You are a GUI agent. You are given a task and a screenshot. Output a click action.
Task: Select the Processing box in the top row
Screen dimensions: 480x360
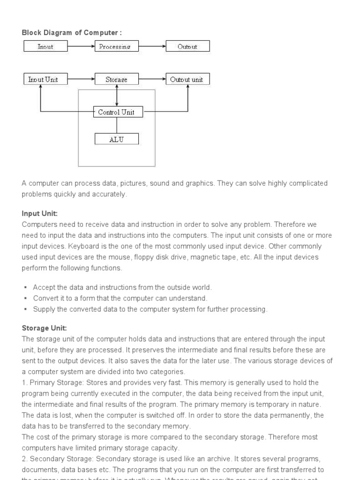pyautogui.click(x=116, y=46)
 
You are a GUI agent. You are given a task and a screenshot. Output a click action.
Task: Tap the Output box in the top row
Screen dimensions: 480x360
pyautogui.click(x=187, y=46)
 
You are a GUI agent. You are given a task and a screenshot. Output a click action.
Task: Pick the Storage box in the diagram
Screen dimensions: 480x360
pyautogui.click(x=116, y=79)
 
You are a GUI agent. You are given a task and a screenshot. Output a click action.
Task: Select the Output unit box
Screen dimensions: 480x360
pyautogui.click(x=187, y=79)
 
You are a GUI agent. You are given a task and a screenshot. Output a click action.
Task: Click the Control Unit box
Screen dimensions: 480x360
pyautogui.click(x=116, y=112)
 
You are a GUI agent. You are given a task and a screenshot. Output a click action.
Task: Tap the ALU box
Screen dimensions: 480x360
pyautogui.click(x=116, y=139)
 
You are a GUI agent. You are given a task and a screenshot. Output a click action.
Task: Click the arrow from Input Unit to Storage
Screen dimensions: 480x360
pyautogui.click(x=80, y=79)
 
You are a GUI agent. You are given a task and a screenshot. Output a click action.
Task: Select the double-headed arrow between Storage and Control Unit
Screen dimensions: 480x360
pyautogui.click(x=116, y=96)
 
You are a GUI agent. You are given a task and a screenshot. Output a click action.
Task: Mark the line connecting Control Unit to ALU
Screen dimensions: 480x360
pyautogui.click(x=116, y=125)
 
